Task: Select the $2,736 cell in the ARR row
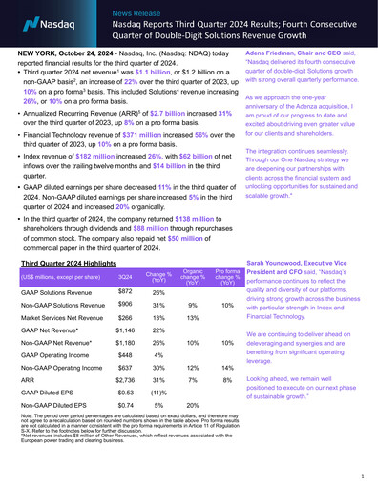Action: click(124, 405)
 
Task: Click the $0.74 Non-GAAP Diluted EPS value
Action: click(124, 432)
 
